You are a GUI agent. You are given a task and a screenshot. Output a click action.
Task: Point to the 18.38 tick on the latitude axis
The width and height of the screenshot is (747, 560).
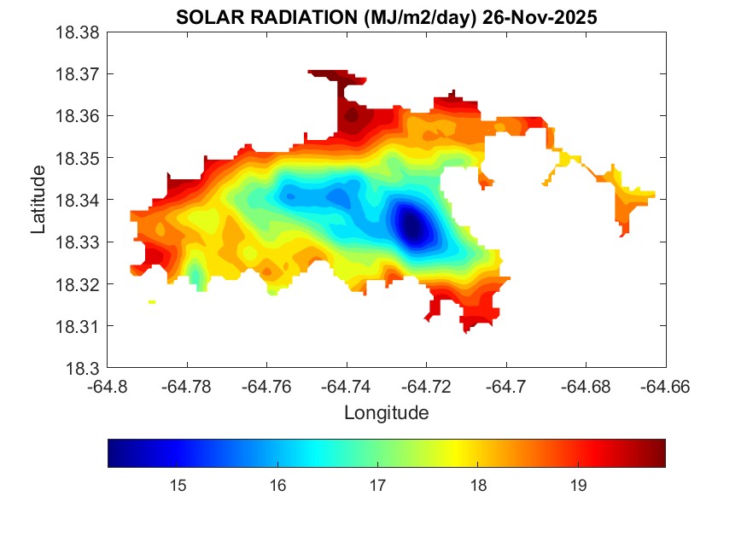coord(79,32)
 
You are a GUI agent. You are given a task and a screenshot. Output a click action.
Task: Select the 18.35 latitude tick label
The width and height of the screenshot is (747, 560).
coord(79,159)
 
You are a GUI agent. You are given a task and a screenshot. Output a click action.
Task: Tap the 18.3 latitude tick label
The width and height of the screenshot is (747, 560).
coord(84,369)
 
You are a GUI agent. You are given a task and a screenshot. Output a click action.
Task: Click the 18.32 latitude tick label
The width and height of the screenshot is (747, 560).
coord(79,284)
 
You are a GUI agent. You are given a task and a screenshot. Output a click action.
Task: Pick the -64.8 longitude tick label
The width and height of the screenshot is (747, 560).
coord(108,387)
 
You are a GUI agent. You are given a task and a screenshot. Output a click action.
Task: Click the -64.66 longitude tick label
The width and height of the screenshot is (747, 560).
coord(666,387)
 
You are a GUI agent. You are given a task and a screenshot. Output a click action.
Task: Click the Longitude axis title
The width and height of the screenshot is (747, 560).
coord(386,413)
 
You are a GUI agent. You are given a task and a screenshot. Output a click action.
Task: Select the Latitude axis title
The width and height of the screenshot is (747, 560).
coord(38,201)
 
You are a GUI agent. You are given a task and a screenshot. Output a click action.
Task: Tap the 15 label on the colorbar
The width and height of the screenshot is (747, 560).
coord(178,487)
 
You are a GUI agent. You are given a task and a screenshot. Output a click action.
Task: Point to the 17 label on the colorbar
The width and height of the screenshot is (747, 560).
coord(377,487)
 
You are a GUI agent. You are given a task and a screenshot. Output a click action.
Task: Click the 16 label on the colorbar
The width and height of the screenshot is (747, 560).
coord(277,487)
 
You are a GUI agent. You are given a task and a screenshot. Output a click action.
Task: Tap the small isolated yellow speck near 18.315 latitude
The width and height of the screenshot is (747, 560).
coord(152,301)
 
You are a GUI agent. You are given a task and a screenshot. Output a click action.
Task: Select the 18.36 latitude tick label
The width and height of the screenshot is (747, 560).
coord(79,116)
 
